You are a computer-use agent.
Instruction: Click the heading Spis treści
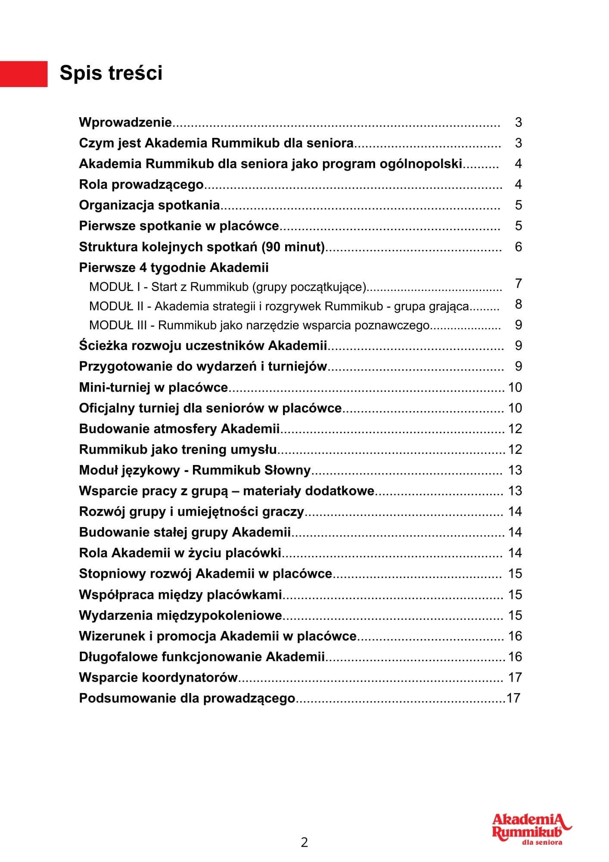pos(111,73)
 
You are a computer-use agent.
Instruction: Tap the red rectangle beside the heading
pos(24,74)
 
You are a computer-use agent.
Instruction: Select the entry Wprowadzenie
pos(125,122)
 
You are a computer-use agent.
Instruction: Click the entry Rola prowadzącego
pos(141,184)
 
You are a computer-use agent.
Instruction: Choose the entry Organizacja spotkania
pos(149,205)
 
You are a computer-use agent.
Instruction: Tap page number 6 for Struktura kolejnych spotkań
pos(518,247)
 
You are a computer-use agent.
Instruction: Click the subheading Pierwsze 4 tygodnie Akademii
pos(174,268)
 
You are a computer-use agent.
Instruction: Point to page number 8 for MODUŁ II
pos(518,304)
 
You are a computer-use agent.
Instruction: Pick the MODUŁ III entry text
pos(259,325)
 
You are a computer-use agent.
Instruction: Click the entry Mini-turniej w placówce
pos(153,387)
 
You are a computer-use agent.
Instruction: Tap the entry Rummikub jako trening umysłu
pos(178,450)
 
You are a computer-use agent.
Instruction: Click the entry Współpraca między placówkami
pos(180,595)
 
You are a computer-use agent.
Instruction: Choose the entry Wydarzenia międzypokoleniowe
pos(180,615)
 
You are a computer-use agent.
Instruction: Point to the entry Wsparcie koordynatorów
pos(158,678)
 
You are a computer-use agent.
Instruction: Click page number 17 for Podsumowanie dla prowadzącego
pos(513,698)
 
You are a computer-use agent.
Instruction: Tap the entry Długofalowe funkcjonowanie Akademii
pos(202,657)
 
